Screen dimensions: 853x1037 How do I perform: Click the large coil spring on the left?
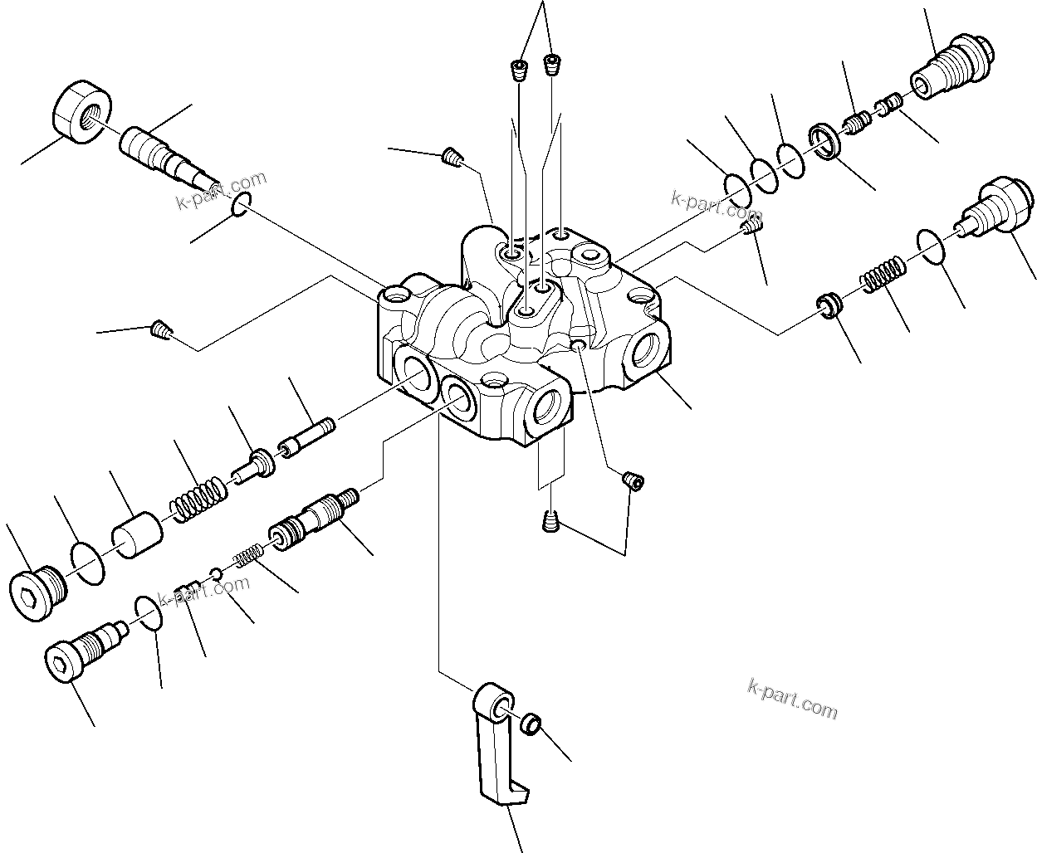(198, 499)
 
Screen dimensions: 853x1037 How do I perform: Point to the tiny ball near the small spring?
(215, 574)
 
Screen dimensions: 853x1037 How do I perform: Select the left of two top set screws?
(520, 70)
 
